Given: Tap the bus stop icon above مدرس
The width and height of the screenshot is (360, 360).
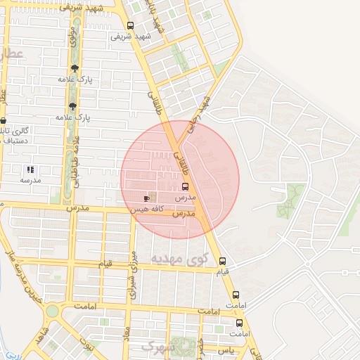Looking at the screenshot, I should pyautogui.click(x=185, y=186).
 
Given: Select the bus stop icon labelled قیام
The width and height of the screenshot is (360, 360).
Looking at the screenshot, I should pyautogui.click(x=222, y=260).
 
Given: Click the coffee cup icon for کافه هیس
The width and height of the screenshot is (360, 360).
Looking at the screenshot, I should pyautogui.click(x=146, y=199).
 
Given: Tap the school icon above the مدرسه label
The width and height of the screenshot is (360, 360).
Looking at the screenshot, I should pyautogui.click(x=30, y=169).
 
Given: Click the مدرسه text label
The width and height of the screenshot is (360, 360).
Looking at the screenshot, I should pyautogui.click(x=30, y=181).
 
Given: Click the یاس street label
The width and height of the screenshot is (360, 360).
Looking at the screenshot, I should pyautogui.click(x=225, y=349).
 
